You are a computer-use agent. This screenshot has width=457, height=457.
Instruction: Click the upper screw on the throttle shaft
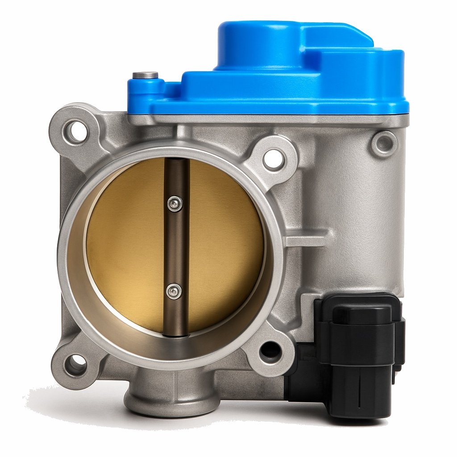(x=175, y=204)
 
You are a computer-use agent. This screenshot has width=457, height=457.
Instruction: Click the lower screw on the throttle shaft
(x=174, y=292)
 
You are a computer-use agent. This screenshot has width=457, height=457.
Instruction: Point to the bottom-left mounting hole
(x=75, y=364)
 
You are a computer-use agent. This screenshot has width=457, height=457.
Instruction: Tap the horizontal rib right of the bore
(x=308, y=239)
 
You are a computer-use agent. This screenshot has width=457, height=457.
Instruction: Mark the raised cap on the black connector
(x=357, y=315)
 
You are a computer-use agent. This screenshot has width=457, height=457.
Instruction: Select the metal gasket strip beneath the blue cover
(x=268, y=120)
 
